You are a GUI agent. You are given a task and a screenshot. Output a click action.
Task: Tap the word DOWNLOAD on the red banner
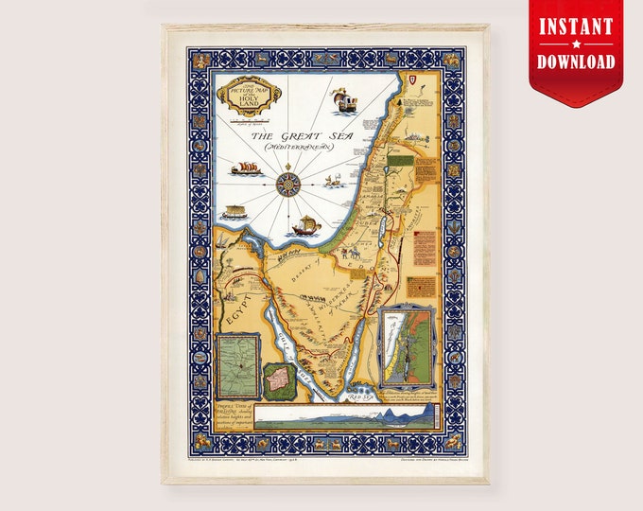577,62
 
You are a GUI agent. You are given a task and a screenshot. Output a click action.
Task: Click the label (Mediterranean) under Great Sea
291,149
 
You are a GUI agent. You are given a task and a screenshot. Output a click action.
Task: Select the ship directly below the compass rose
303,225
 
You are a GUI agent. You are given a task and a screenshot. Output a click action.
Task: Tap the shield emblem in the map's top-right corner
418,79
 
